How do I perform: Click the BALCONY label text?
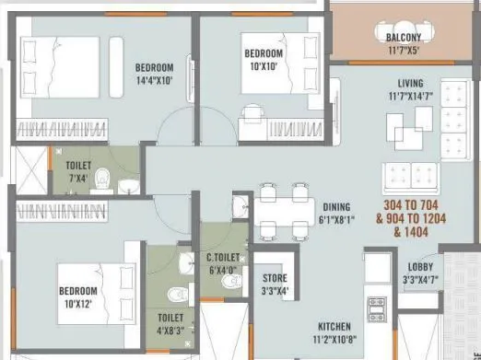click(400, 37)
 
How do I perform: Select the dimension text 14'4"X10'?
click(154, 81)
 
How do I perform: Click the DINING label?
click(335, 206)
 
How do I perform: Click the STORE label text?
click(275, 278)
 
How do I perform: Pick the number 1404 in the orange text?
click(410, 234)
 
